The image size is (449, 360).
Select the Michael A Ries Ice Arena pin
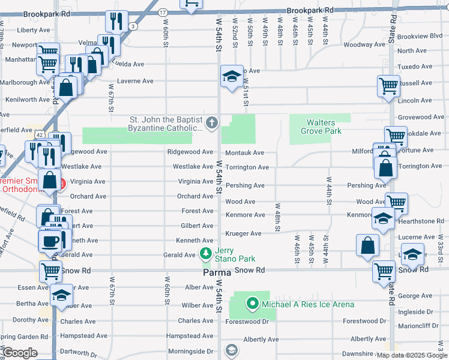pyautogui.click(x=253, y=304)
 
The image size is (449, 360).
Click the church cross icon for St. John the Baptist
pyautogui.click(x=211, y=124)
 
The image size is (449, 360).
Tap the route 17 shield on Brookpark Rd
pyautogui.click(x=163, y=12)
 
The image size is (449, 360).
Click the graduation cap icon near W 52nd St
pyautogui.click(x=231, y=77)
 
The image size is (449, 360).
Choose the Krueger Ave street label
pyautogui.click(x=243, y=233)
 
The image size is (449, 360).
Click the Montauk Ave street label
pyautogui.click(x=244, y=153)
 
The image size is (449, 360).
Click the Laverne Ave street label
pyautogui.click(x=135, y=81)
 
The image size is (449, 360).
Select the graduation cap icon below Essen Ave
pyautogui.click(x=61, y=296)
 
